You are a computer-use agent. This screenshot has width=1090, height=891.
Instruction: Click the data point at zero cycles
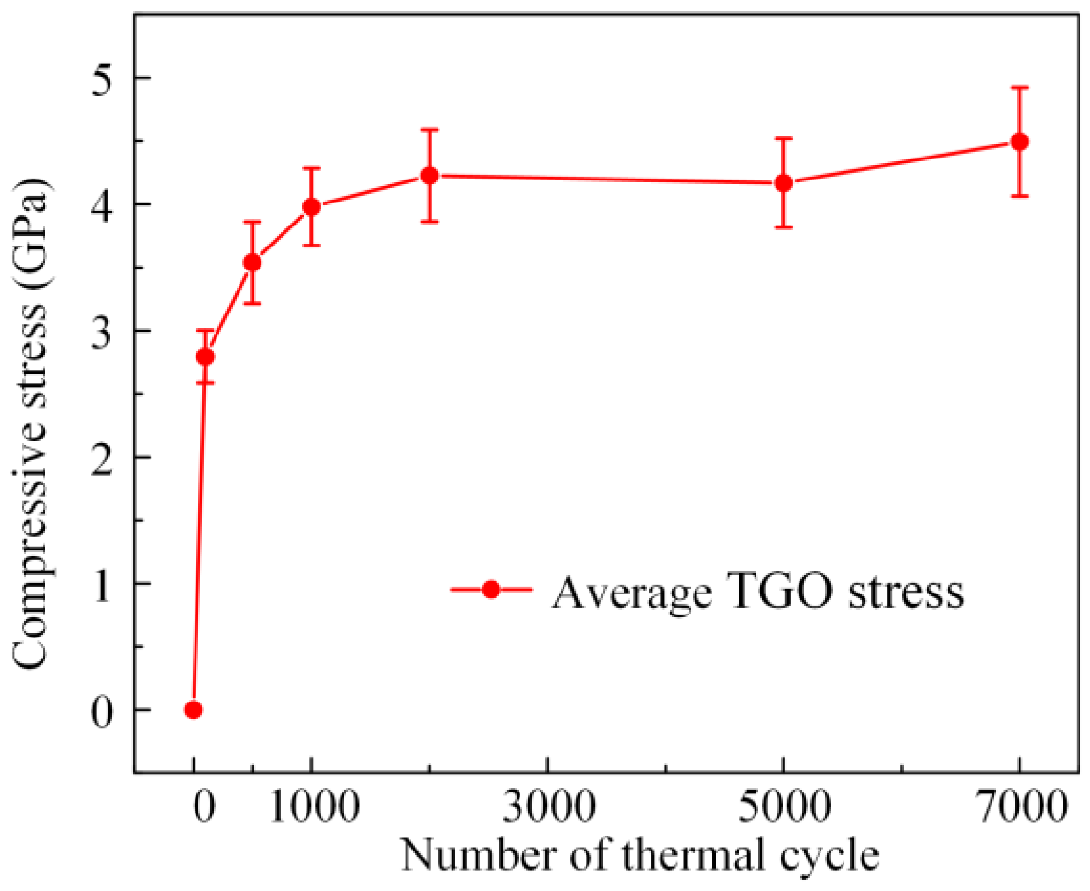[x=193, y=710]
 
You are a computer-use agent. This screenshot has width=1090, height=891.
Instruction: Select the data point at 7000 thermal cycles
[x=1019, y=142]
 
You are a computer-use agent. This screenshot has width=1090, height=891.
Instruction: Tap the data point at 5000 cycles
[x=783, y=183]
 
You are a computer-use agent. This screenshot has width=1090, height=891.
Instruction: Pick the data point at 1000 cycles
[x=311, y=207]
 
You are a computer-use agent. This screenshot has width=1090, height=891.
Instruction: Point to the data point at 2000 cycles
[x=430, y=175]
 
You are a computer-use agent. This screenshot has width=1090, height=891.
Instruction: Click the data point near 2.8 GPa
[x=205, y=357]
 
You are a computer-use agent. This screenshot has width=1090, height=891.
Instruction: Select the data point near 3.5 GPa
[x=253, y=262]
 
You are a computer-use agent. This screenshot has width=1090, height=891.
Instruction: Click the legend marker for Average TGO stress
[x=491, y=589]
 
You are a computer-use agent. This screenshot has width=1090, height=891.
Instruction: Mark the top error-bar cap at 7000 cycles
[x=1019, y=87]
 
